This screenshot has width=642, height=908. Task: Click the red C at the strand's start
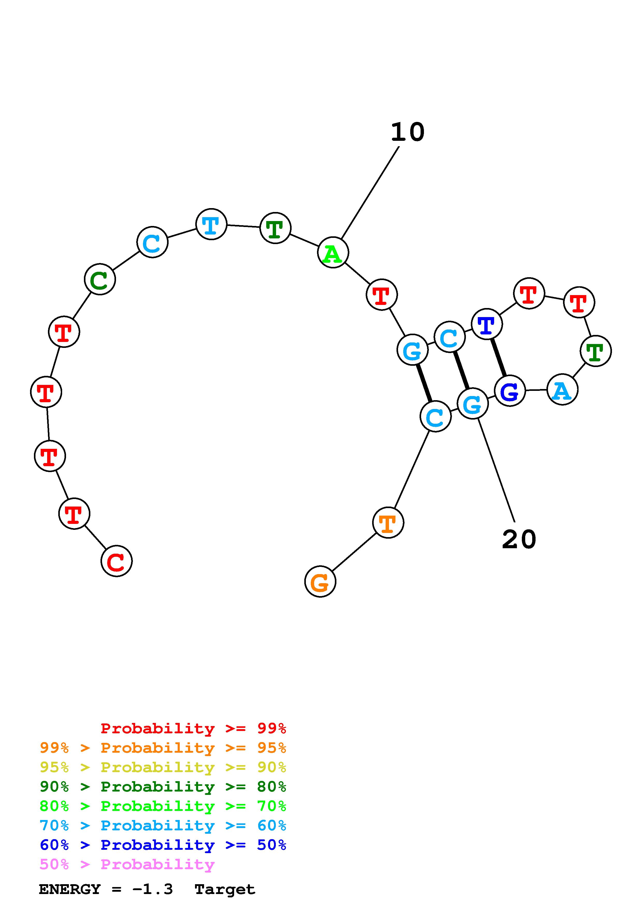pyautogui.click(x=116, y=561)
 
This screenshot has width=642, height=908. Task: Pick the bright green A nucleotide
pyautogui.click(x=333, y=252)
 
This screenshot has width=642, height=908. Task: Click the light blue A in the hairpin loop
pyautogui.click(x=562, y=390)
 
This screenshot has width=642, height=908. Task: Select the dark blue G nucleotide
pyautogui.click(x=509, y=391)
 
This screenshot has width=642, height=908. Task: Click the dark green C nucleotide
pyautogui.click(x=100, y=279)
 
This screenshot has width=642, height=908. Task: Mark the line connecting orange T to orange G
pyautogui.click(x=354, y=552)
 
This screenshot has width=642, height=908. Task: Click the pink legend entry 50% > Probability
pyautogui.click(x=127, y=865)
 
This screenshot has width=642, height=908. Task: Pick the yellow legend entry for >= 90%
pyautogui.click(x=163, y=767)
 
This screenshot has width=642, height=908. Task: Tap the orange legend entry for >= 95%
pyautogui.click(x=163, y=748)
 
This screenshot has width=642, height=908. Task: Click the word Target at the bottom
pyautogui.click(x=225, y=889)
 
